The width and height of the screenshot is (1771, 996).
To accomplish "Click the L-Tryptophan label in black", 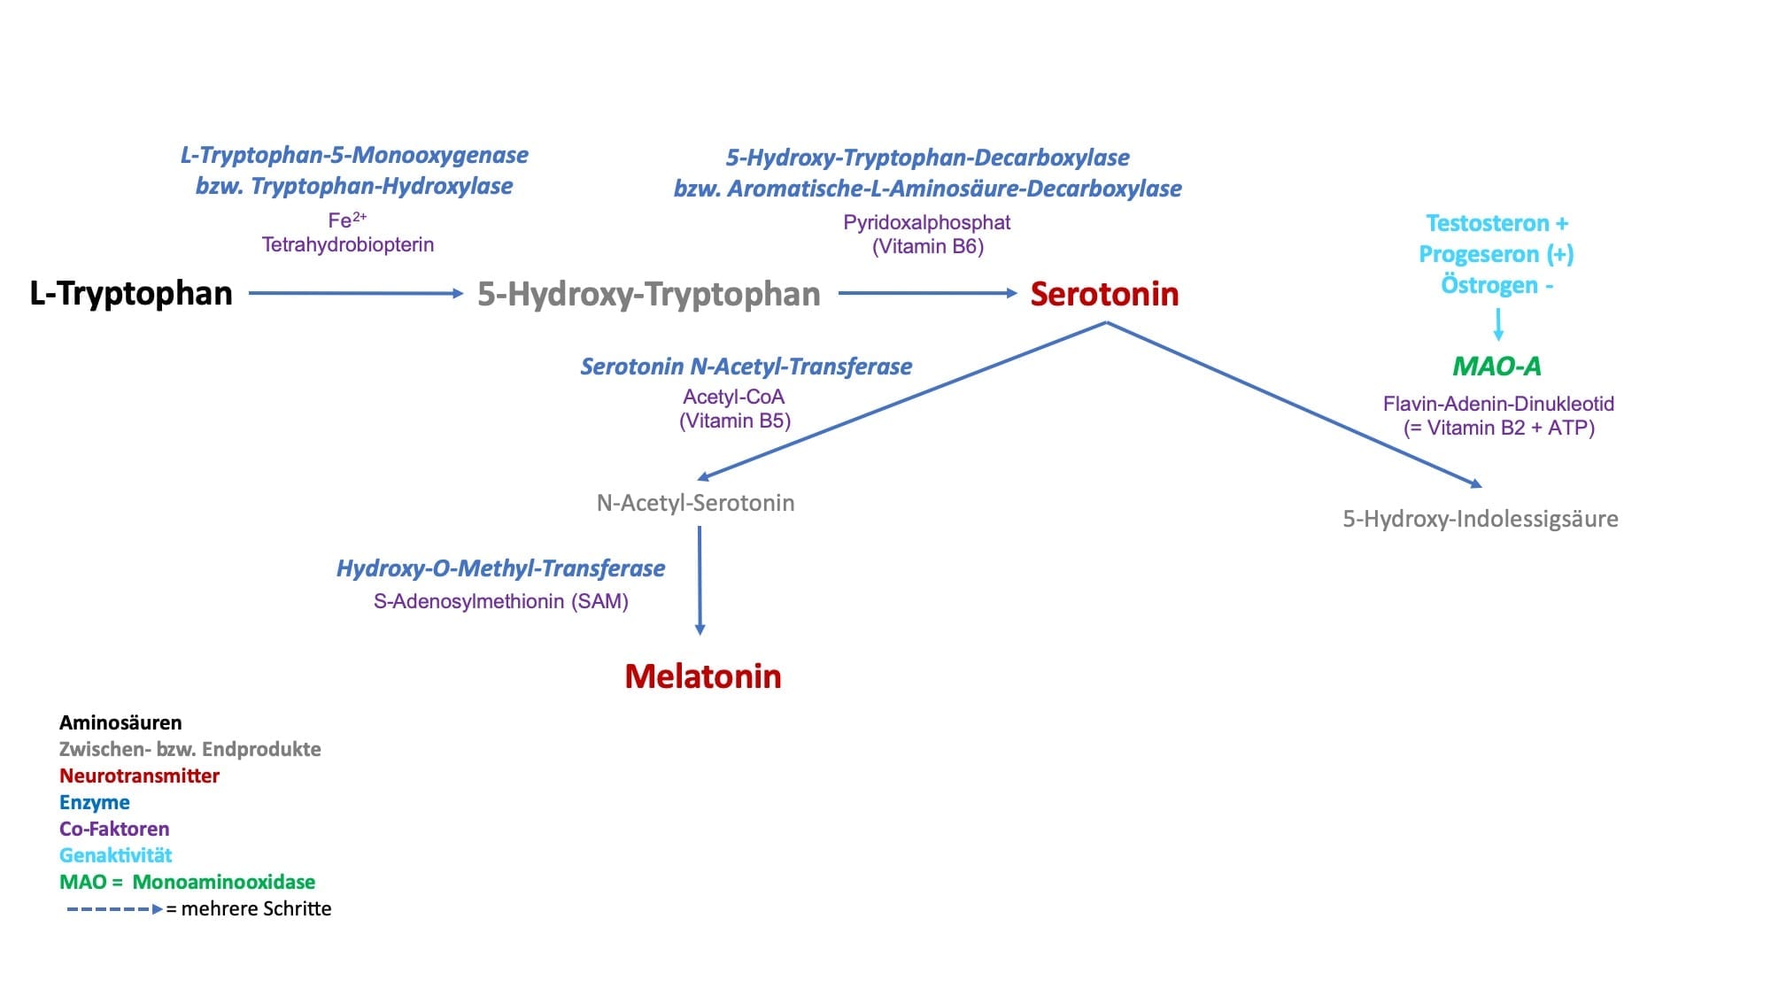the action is (x=131, y=294).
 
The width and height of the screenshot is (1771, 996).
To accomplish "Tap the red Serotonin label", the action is (x=1104, y=294).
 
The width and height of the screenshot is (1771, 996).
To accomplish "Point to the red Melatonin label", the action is (x=703, y=676).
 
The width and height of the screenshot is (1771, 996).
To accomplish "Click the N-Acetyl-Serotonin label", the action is (x=696, y=503).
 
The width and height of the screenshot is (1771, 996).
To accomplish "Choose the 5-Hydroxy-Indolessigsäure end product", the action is (x=1481, y=519).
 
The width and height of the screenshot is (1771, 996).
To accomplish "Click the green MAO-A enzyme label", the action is (x=1496, y=366).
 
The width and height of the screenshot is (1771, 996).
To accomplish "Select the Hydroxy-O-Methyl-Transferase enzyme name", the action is (x=500, y=568).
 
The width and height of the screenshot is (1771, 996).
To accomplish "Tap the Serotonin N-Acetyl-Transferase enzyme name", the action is (x=746, y=367).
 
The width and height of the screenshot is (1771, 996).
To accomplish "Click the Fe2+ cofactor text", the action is (x=347, y=220).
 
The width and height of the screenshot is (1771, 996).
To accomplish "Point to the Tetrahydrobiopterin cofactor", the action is (x=348, y=244).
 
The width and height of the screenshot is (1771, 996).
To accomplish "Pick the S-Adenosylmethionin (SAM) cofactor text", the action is (x=501, y=602).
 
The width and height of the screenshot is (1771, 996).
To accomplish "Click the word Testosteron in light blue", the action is (x=1487, y=223).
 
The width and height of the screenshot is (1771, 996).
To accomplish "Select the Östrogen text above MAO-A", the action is (x=1489, y=285).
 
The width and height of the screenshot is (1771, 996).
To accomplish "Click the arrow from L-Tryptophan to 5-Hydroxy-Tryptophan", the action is (x=356, y=293).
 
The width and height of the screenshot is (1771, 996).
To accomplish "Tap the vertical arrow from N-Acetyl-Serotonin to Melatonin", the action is (x=700, y=581).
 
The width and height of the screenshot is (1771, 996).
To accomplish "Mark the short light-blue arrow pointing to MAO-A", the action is (x=1498, y=324).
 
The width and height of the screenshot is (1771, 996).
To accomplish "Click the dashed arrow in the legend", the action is (x=115, y=909).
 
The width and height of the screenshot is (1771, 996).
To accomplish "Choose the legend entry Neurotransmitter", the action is (x=139, y=776).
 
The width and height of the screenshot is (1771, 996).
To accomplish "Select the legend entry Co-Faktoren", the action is (x=114, y=829).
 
